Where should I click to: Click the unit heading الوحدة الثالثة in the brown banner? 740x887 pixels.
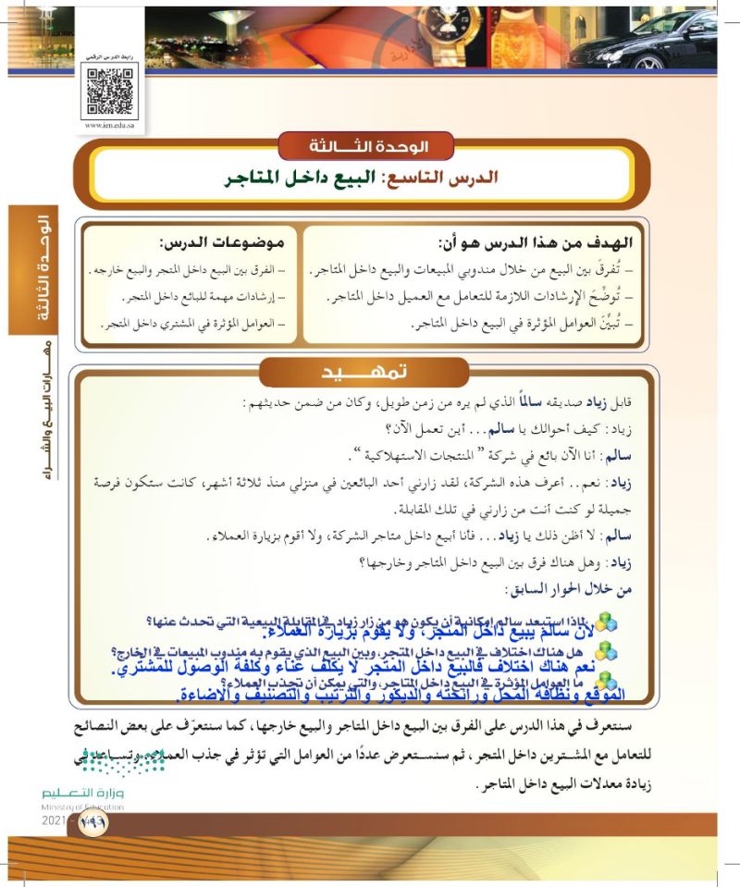[x=365, y=146]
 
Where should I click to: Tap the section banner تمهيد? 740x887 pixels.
[x=366, y=372]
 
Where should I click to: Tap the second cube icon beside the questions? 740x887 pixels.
[x=605, y=652]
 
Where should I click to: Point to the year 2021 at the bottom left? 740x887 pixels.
[x=55, y=820]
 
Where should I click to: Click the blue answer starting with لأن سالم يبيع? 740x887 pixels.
[x=370, y=633]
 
